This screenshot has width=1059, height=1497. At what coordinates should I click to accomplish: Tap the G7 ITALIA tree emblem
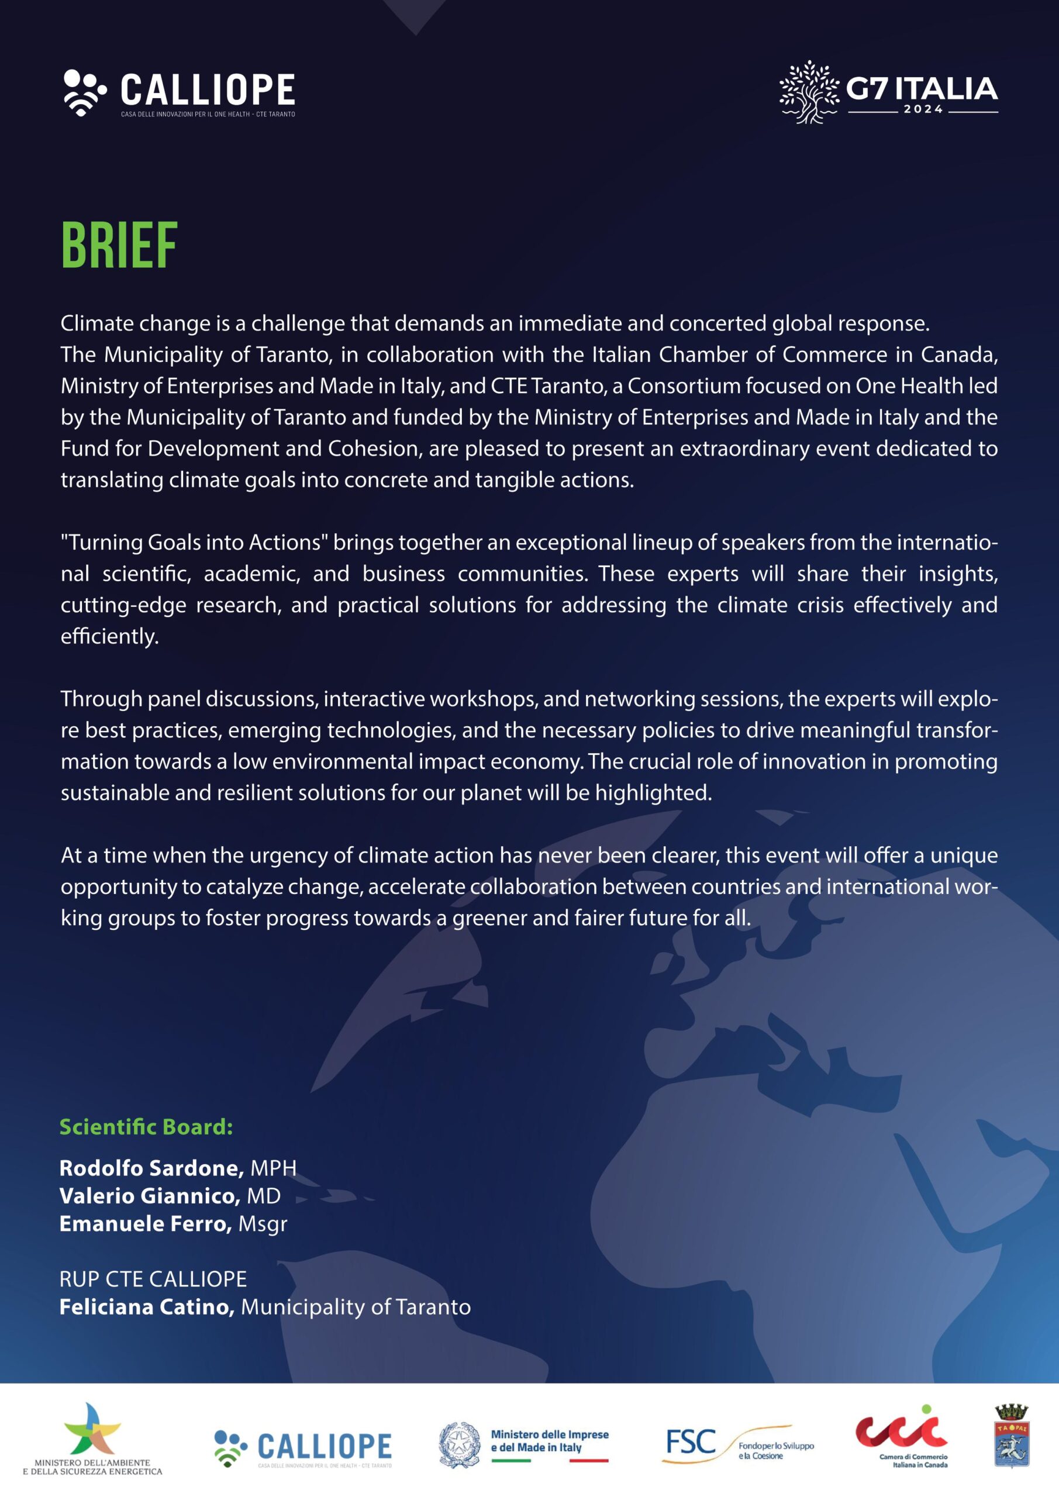click(809, 92)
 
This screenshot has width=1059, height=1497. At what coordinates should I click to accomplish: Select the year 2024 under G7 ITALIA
click(923, 109)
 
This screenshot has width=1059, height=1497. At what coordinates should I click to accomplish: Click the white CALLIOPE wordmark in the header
click(208, 90)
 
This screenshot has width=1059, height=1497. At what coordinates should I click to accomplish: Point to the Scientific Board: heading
click(146, 1127)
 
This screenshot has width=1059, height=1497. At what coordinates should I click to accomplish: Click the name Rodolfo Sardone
click(151, 1168)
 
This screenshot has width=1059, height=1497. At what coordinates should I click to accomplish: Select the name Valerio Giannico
click(149, 1196)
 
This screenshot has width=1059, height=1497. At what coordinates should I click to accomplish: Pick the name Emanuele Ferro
click(146, 1224)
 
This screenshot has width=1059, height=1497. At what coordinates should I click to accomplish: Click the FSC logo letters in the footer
click(691, 1441)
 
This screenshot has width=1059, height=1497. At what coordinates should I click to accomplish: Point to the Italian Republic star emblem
click(459, 1444)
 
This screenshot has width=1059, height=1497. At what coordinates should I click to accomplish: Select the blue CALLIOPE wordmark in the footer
click(325, 1446)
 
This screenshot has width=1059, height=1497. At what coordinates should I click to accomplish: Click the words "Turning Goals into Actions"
click(194, 543)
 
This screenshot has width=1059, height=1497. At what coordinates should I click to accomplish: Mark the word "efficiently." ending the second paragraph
click(109, 636)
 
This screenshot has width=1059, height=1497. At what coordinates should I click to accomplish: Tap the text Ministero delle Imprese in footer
click(549, 1434)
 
